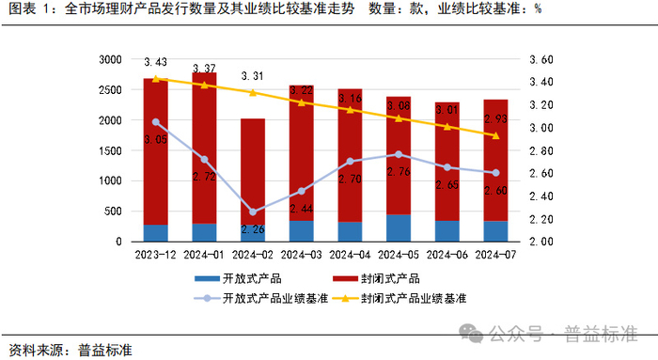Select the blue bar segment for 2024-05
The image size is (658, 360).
click(399, 227)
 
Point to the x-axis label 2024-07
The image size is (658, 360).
click(495, 254)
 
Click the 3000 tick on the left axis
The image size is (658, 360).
click(110, 59)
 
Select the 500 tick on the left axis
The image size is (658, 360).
click(114, 211)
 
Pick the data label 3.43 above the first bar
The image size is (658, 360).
click(155, 62)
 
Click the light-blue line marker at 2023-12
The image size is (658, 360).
click(155, 121)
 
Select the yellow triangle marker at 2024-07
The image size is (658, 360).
click(495, 135)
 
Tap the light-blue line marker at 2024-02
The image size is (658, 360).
click(252, 212)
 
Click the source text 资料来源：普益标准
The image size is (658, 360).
click(71, 349)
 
